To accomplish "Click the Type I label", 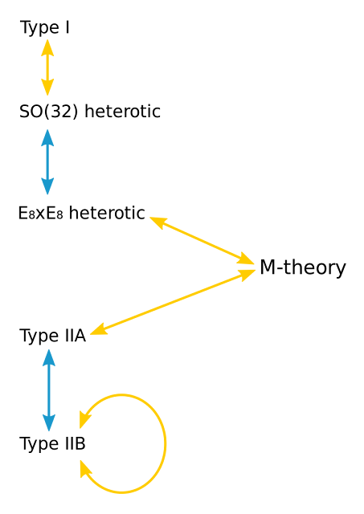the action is [45, 27].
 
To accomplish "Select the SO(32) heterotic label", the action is [90, 112].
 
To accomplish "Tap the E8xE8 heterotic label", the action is [82, 213].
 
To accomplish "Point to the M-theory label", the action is [303, 267].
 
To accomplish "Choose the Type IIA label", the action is [53, 336].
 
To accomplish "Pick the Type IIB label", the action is [52, 444].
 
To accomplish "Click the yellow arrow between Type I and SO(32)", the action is [47, 67].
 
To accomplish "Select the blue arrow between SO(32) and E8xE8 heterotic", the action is [47, 162].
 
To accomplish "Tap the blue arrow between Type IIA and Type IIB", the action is [49, 390].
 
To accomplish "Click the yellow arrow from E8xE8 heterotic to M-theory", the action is [202, 240].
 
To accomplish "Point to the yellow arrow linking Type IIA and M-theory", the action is [173, 302].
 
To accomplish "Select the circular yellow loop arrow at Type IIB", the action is [166, 444].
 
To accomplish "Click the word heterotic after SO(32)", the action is [123, 112].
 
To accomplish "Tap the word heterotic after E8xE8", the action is [107, 213].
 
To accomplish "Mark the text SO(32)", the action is [49, 112].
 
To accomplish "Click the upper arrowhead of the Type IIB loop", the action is [84, 419].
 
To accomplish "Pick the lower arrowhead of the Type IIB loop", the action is [84, 469].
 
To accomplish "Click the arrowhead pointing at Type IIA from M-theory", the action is [98, 329].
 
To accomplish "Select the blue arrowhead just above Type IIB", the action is [49, 423].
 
